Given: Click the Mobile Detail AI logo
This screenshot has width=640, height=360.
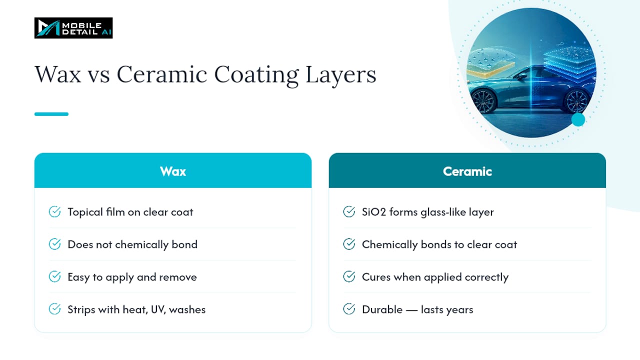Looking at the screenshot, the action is pyautogui.click(x=73, y=28).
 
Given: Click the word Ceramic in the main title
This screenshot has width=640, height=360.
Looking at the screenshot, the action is pyautogui.click(x=161, y=74).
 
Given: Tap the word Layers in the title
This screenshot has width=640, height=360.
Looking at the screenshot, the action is pyautogui.click(x=341, y=75).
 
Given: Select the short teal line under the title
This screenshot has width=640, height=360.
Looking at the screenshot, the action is pyautogui.click(x=51, y=114).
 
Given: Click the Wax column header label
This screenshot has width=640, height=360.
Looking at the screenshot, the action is pyautogui.click(x=173, y=171).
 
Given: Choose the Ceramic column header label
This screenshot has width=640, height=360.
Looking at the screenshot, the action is pyautogui.click(x=467, y=171).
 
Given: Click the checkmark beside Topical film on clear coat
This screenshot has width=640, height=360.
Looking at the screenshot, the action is pyautogui.click(x=54, y=211).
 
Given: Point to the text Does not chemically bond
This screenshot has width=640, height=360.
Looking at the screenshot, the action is pyautogui.click(x=132, y=244).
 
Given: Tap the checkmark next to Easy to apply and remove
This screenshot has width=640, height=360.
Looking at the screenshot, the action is pyautogui.click(x=54, y=276).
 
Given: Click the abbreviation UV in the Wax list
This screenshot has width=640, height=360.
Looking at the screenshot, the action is pyautogui.click(x=158, y=309).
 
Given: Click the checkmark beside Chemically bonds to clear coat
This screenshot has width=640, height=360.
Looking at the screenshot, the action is pyautogui.click(x=349, y=244).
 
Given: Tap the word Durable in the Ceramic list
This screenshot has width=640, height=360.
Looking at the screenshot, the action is pyautogui.click(x=382, y=309).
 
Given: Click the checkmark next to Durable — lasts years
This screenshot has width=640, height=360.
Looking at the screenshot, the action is pyautogui.click(x=349, y=309).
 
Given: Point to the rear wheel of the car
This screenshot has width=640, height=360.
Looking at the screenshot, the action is pyautogui.click(x=576, y=101).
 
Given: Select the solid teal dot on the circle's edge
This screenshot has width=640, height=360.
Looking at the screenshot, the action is pyautogui.click(x=578, y=119).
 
